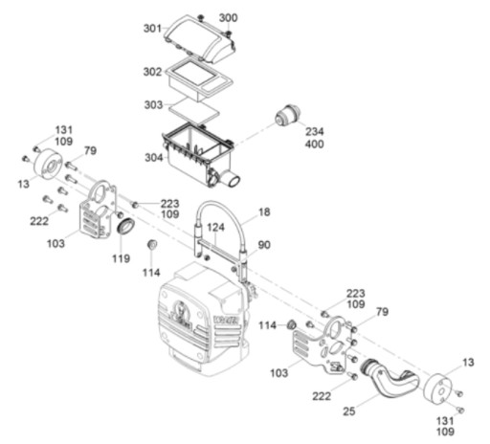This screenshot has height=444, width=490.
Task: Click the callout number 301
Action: pyautogui.click(x=153, y=29)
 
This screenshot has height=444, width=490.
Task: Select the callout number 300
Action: pyautogui.click(x=228, y=18)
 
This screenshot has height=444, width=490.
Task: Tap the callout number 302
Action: pyautogui.click(x=152, y=72)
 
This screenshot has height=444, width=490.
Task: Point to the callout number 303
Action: pyautogui.click(x=153, y=105)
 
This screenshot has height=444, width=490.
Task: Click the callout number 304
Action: pyautogui.click(x=154, y=158)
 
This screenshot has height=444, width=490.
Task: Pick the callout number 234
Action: pyautogui.click(x=315, y=132)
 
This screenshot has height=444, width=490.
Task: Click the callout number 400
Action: pyautogui.click(x=315, y=144)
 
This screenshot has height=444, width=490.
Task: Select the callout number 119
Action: pyautogui.click(x=122, y=258)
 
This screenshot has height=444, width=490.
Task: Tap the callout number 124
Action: pyautogui.click(x=216, y=228)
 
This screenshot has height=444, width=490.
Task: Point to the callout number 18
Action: pyautogui.click(x=264, y=212)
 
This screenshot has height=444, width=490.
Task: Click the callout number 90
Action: pyautogui.click(x=264, y=245)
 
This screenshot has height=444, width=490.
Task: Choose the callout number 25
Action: pyautogui.click(x=349, y=411)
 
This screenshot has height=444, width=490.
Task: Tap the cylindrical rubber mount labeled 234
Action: pyautogui.click(x=288, y=116)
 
